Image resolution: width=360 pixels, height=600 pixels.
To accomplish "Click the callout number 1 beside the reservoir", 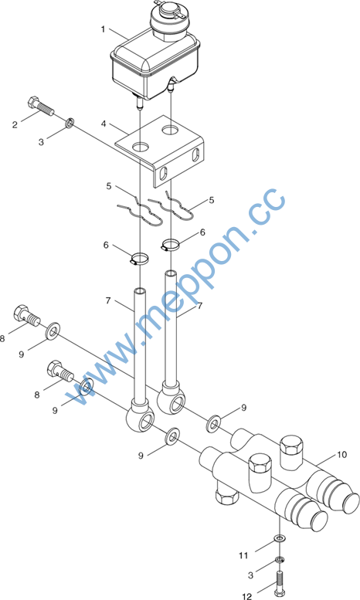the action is click(x=103, y=29).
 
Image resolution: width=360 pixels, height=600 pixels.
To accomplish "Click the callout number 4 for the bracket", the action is click(x=104, y=124).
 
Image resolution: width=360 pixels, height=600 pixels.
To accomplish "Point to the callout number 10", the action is click(x=341, y=455).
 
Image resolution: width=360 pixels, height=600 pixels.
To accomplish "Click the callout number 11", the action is click(x=243, y=555).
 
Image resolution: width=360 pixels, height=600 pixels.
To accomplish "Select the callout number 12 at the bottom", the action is click(x=247, y=595).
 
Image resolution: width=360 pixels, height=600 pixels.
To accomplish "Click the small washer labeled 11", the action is click(x=280, y=539).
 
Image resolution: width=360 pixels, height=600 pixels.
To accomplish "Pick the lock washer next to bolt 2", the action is click(x=70, y=124).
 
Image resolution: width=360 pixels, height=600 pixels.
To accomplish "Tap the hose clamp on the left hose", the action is click(x=139, y=259).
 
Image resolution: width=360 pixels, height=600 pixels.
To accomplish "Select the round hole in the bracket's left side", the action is click(x=141, y=146).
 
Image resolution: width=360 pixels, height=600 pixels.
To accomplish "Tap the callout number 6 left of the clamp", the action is click(x=106, y=245).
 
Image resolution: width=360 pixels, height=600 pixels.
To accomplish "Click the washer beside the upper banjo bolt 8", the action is click(x=53, y=331).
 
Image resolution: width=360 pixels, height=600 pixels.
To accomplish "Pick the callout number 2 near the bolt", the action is click(x=15, y=125).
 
